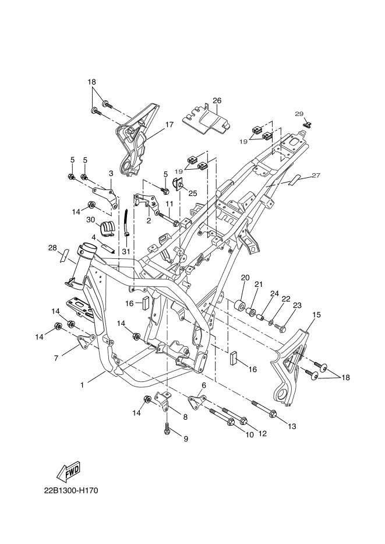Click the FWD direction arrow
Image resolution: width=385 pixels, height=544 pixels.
[69, 472]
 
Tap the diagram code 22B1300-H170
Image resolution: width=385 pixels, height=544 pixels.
[71, 490]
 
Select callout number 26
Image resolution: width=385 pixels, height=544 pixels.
[217, 101]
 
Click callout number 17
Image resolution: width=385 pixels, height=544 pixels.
[169, 125]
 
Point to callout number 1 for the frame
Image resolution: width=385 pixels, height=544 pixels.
[82, 385]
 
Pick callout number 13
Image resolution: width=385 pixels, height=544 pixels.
[292, 426]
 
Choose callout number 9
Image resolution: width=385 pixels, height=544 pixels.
[186, 439]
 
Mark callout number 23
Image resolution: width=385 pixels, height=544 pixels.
[297, 306]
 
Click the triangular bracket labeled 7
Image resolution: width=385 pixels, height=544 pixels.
[85, 342]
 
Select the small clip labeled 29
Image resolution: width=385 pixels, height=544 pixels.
[308, 125]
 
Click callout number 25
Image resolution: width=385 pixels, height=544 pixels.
[193, 194]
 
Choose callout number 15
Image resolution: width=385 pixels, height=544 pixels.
[316, 315]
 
